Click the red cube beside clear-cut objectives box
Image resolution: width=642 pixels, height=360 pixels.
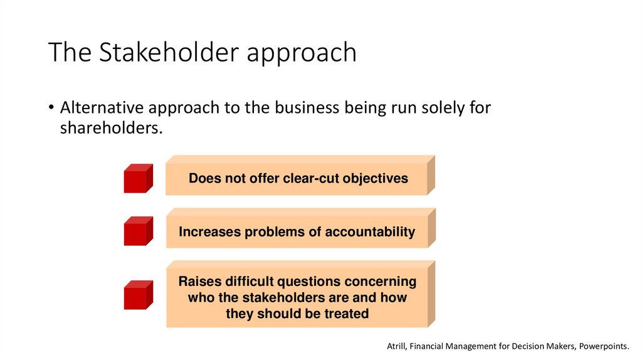pos(137,179)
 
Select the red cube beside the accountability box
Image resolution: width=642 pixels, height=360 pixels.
pos(137,231)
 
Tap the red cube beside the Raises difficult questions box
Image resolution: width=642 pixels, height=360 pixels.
pos(137,295)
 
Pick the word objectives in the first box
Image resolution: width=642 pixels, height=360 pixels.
pos(377,178)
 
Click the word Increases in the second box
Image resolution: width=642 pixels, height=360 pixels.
pos(209,232)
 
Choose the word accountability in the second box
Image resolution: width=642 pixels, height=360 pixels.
pos(369,232)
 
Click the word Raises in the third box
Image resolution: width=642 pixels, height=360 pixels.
pos(199,282)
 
